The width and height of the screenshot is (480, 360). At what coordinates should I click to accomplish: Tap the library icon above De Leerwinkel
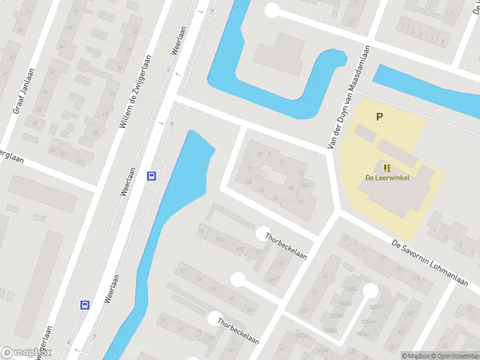pyautogui.click(x=386, y=167)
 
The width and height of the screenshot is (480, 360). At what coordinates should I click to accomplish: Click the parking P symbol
pyautogui.click(x=379, y=117)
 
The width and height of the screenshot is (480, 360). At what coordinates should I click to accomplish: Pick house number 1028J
pyautogui.click(x=352, y=289)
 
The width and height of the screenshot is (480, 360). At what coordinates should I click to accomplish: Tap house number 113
pyautogui.click(x=280, y=264)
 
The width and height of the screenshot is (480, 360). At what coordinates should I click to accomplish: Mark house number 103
pyautogui.click(x=219, y=239)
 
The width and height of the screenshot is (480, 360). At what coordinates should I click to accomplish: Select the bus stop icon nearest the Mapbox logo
pyautogui.click(x=85, y=305)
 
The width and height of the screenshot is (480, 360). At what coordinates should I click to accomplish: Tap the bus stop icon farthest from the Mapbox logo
pyautogui.click(x=152, y=176)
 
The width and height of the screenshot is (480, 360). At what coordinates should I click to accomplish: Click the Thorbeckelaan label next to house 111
pyautogui.click(x=286, y=246)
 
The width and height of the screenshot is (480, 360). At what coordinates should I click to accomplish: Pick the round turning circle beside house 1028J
pyautogui.click(x=370, y=291)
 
